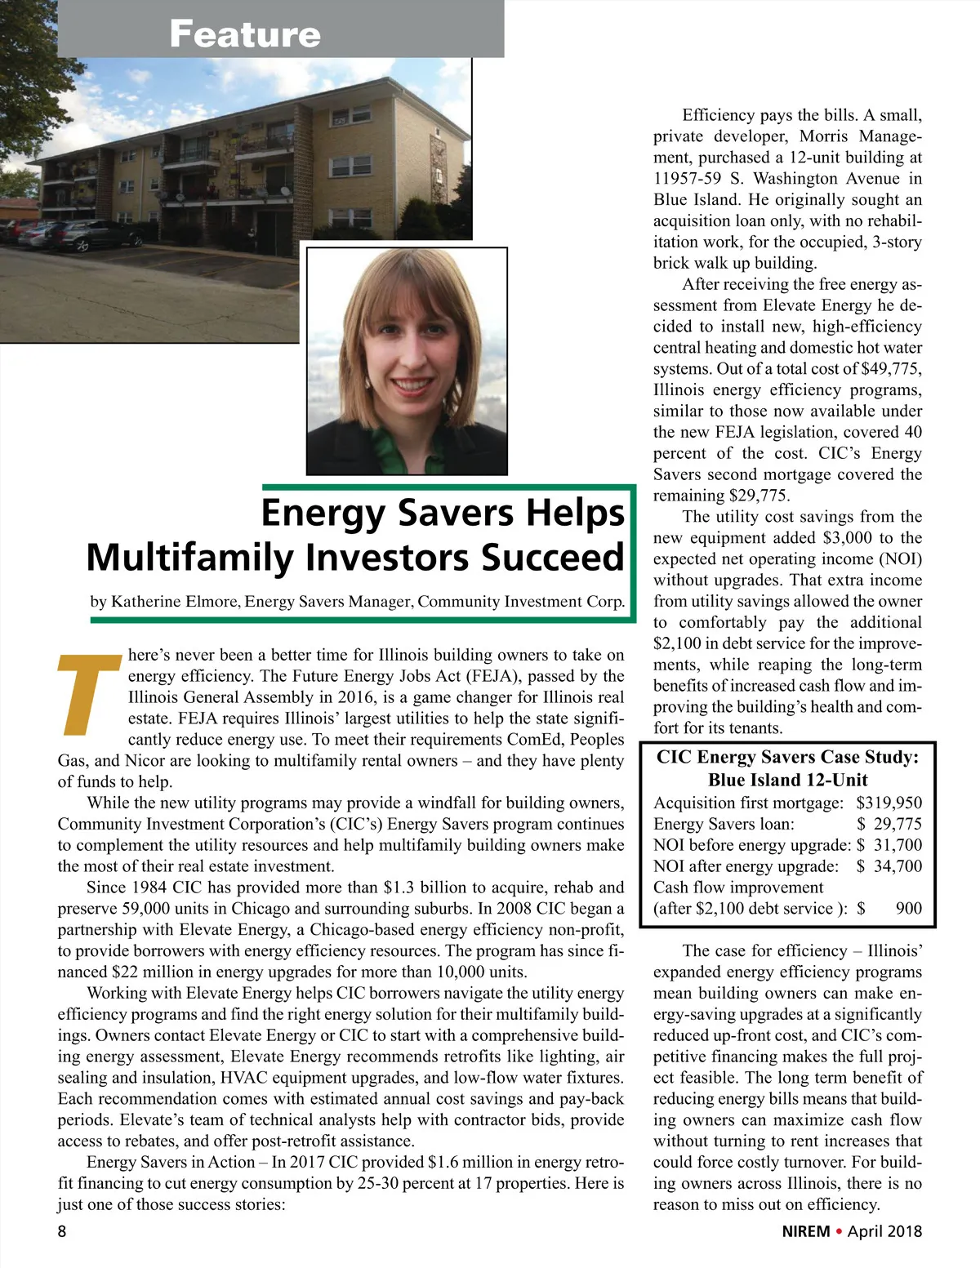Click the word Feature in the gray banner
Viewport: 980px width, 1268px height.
245,34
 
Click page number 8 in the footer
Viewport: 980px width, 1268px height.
62,1230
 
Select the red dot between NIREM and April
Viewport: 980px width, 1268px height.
839,1230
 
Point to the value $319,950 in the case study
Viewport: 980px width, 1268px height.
889,803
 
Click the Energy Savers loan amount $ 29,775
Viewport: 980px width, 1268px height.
889,825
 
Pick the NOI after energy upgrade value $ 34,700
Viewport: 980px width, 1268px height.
889,866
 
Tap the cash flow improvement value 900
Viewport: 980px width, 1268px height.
908,909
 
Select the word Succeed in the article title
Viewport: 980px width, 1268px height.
553,558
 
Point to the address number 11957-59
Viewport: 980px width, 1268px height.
693,179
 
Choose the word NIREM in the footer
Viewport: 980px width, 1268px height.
805,1231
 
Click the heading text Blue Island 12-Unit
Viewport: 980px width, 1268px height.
787,781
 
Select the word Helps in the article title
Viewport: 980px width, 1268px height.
575,514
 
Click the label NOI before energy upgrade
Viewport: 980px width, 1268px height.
751,846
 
